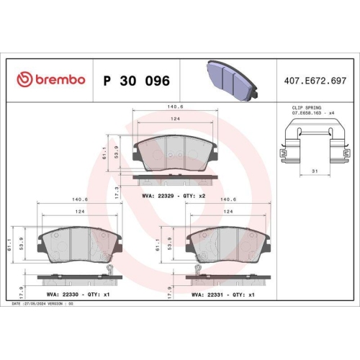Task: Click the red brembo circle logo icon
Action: pos(24,79)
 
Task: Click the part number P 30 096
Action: pos(136,80)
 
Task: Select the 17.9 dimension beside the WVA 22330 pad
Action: pos(22,292)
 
